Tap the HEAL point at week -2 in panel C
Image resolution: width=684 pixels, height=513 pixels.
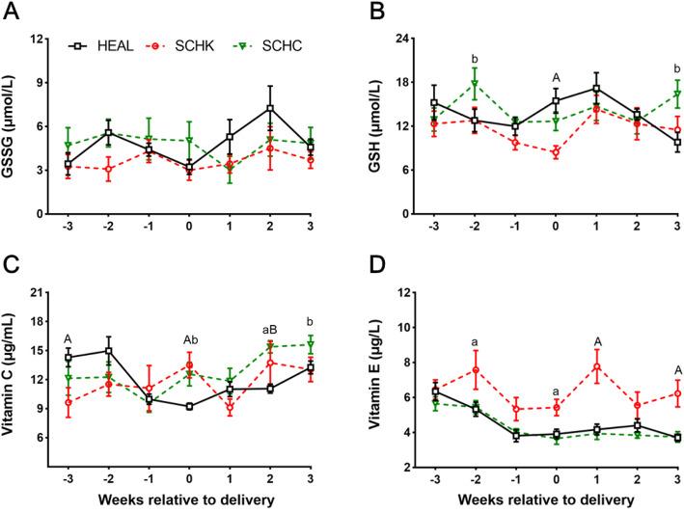108,351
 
